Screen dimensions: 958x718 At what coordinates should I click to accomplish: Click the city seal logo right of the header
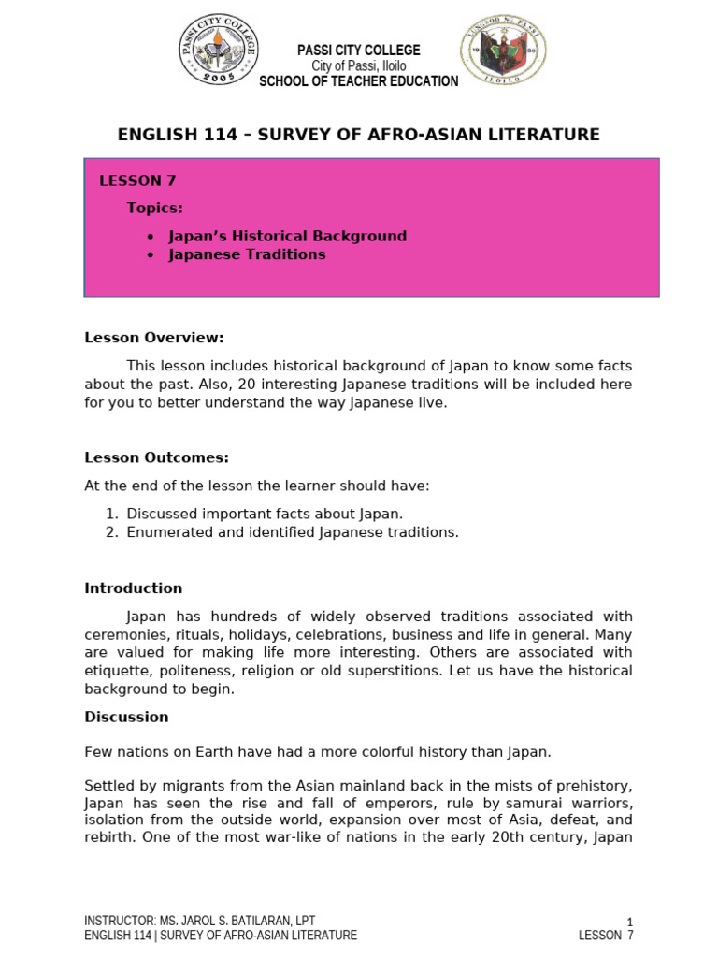coord(503,52)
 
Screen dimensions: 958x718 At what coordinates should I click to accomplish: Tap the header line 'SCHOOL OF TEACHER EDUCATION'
coord(358,81)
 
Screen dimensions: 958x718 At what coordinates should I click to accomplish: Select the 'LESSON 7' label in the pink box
coord(137,181)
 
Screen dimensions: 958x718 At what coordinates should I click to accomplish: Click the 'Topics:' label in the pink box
coord(155,208)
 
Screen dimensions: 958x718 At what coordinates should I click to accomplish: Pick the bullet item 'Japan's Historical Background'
coord(287,236)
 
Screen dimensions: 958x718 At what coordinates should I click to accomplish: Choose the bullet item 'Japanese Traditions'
coord(247,254)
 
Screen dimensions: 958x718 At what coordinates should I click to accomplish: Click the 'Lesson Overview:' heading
coord(154,338)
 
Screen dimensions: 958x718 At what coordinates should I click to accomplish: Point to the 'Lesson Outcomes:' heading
coord(156,457)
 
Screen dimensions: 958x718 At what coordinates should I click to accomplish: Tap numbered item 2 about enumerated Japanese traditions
coord(293,532)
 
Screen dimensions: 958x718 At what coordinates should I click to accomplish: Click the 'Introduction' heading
coord(134,588)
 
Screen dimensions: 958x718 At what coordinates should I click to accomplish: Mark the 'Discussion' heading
coord(126,717)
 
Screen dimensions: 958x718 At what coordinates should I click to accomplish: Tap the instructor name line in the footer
coord(206,921)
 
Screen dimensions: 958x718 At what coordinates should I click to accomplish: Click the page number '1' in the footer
coord(629,922)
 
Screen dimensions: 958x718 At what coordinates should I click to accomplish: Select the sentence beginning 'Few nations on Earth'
coord(318,752)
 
